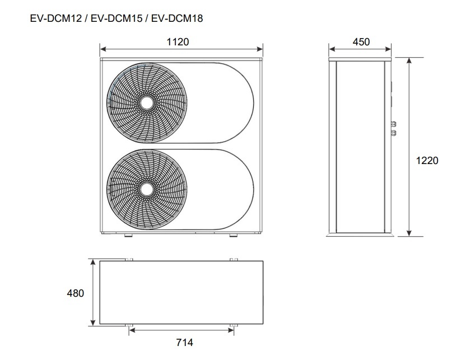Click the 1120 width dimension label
click(178, 42)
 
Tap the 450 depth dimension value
click(361, 42)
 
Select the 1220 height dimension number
click(427, 160)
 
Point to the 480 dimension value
click(76, 293)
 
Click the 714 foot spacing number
click(185, 343)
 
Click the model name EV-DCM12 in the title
click(56, 18)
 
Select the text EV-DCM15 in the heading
click(116, 18)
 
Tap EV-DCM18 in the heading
click(177, 18)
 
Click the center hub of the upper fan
click(147, 103)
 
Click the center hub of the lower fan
click(147, 189)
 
